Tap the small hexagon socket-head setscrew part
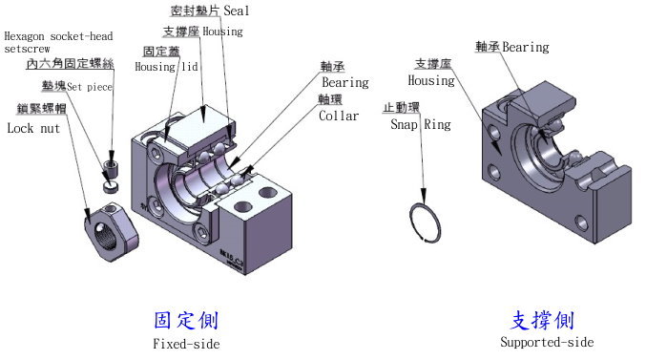pyautogui.click(x=111, y=172)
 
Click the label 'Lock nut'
pyautogui.click(x=33, y=127)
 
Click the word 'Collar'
pyautogui.click(x=340, y=116)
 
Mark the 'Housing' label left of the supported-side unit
pyautogui.click(x=431, y=81)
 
